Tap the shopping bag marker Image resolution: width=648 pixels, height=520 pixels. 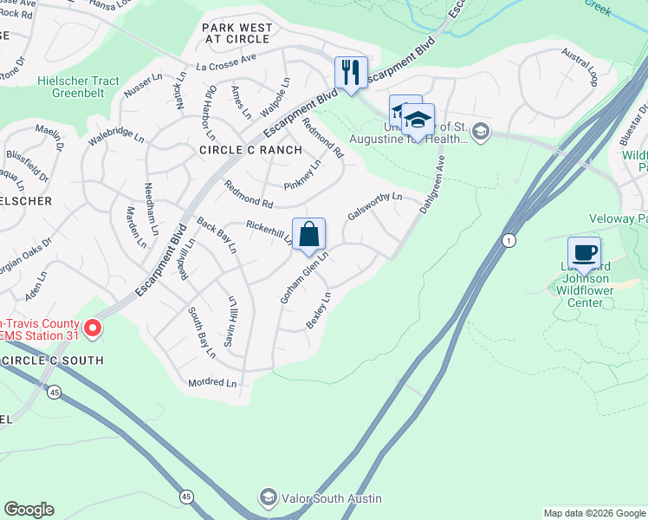pyautogui.click(x=308, y=234)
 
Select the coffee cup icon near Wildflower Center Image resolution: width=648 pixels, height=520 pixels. pyautogui.click(x=585, y=252)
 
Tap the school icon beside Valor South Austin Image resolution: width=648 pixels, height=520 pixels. pyautogui.click(x=269, y=497)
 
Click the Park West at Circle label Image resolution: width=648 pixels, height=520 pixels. pyautogui.click(x=237, y=34)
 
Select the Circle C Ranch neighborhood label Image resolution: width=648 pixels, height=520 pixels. pyautogui.click(x=251, y=150)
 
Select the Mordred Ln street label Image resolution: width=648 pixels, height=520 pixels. pyautogui.click(x=212, y=382)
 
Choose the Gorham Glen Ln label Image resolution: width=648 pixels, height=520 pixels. pyautogui.click(x=303, y=277)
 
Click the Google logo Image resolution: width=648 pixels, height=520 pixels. pyautogui.click(x=29, y=510)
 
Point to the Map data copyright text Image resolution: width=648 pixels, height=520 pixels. pyautogui.click(x=594, y=513)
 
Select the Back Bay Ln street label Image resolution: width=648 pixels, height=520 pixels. pyautogui.click(x=217, y=235)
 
